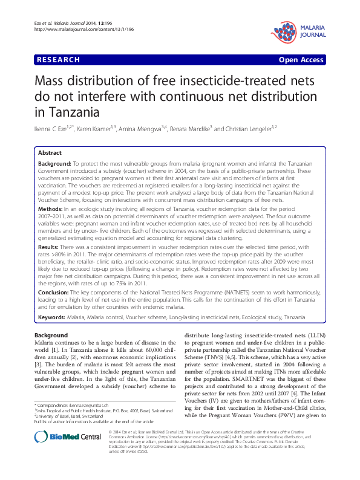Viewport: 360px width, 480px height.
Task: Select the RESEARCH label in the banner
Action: pos(58,60)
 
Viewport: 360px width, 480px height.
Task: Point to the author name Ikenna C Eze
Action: pos(54,129)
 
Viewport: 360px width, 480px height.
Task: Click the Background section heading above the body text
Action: pos(51,334)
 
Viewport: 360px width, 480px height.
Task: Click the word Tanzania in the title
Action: pos(67,111)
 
